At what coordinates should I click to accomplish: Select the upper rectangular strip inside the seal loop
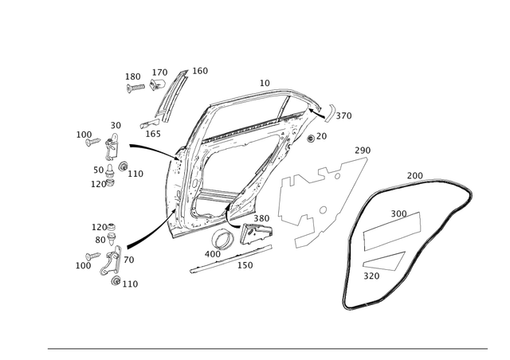396,225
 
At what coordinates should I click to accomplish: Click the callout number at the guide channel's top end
199,71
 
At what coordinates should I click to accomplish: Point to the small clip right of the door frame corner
338,113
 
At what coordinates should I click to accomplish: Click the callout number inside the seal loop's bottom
372,275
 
